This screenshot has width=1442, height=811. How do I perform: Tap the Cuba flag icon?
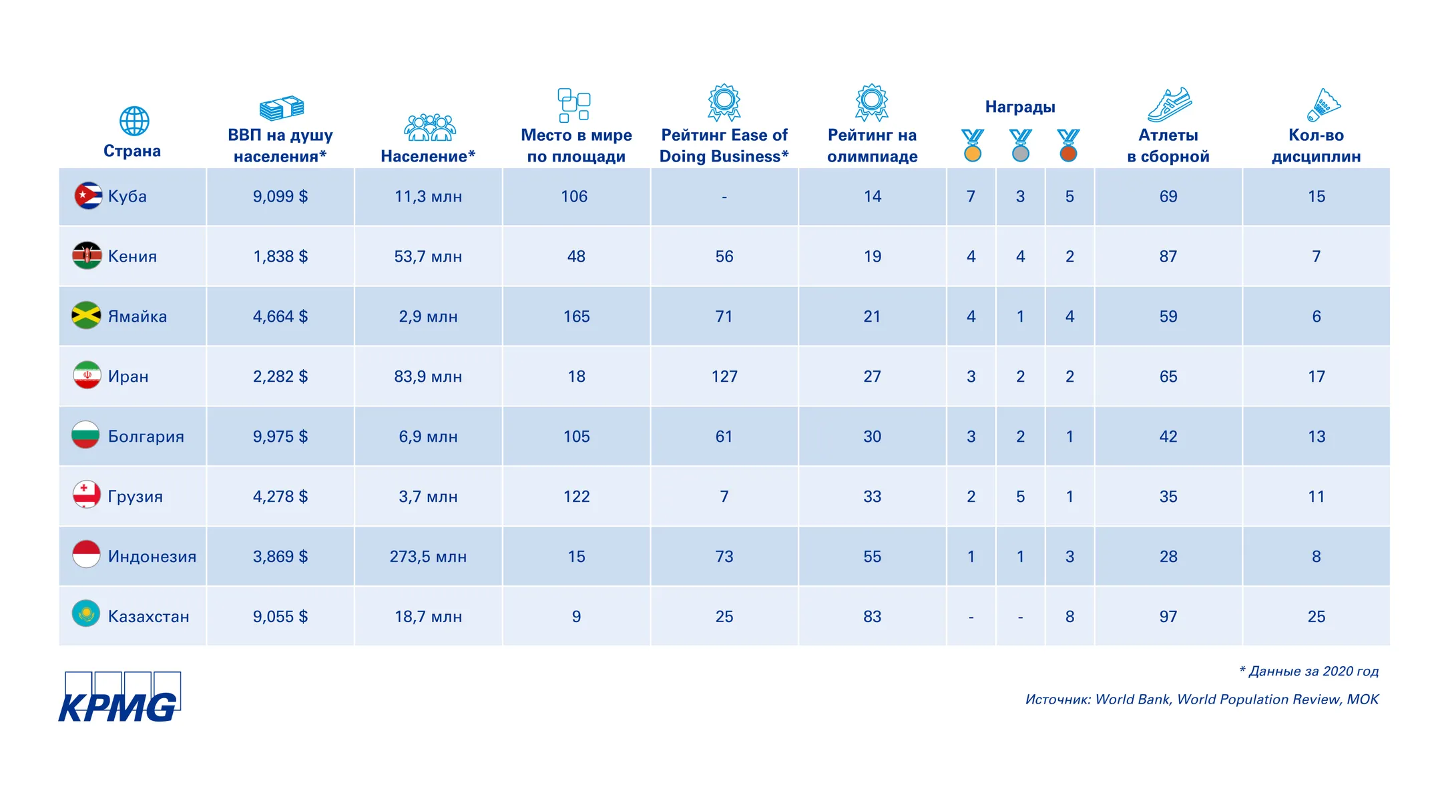[87, 196]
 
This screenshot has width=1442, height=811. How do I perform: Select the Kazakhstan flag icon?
[86, 614]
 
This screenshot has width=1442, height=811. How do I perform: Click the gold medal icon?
[972, 146]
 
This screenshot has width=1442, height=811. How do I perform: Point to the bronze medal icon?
[1068, 146]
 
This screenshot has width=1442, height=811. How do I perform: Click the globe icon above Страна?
[134, 121]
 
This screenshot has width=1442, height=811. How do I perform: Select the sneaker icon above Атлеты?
[1169, 105]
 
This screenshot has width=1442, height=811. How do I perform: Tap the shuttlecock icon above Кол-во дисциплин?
[1323, 105]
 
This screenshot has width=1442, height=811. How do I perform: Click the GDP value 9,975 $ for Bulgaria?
[280, 437]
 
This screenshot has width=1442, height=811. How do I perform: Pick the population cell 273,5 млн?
[428, 557]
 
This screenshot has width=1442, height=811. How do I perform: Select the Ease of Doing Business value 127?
[724, 376]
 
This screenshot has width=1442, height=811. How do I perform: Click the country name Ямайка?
[138, 316]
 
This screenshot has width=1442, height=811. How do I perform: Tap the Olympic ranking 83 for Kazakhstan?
[872, 617]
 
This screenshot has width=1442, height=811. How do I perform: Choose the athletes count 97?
[1168, 617]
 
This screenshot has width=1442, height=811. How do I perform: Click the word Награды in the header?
[1020, 107]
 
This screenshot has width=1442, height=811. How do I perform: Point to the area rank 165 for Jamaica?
[576, 316]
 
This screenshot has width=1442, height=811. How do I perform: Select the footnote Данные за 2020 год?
[1312, 671]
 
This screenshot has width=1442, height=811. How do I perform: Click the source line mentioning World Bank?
[1202, 699]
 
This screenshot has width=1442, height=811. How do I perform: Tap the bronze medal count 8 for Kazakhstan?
[1069, 617]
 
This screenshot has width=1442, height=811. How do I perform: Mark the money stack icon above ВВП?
[281, 107]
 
